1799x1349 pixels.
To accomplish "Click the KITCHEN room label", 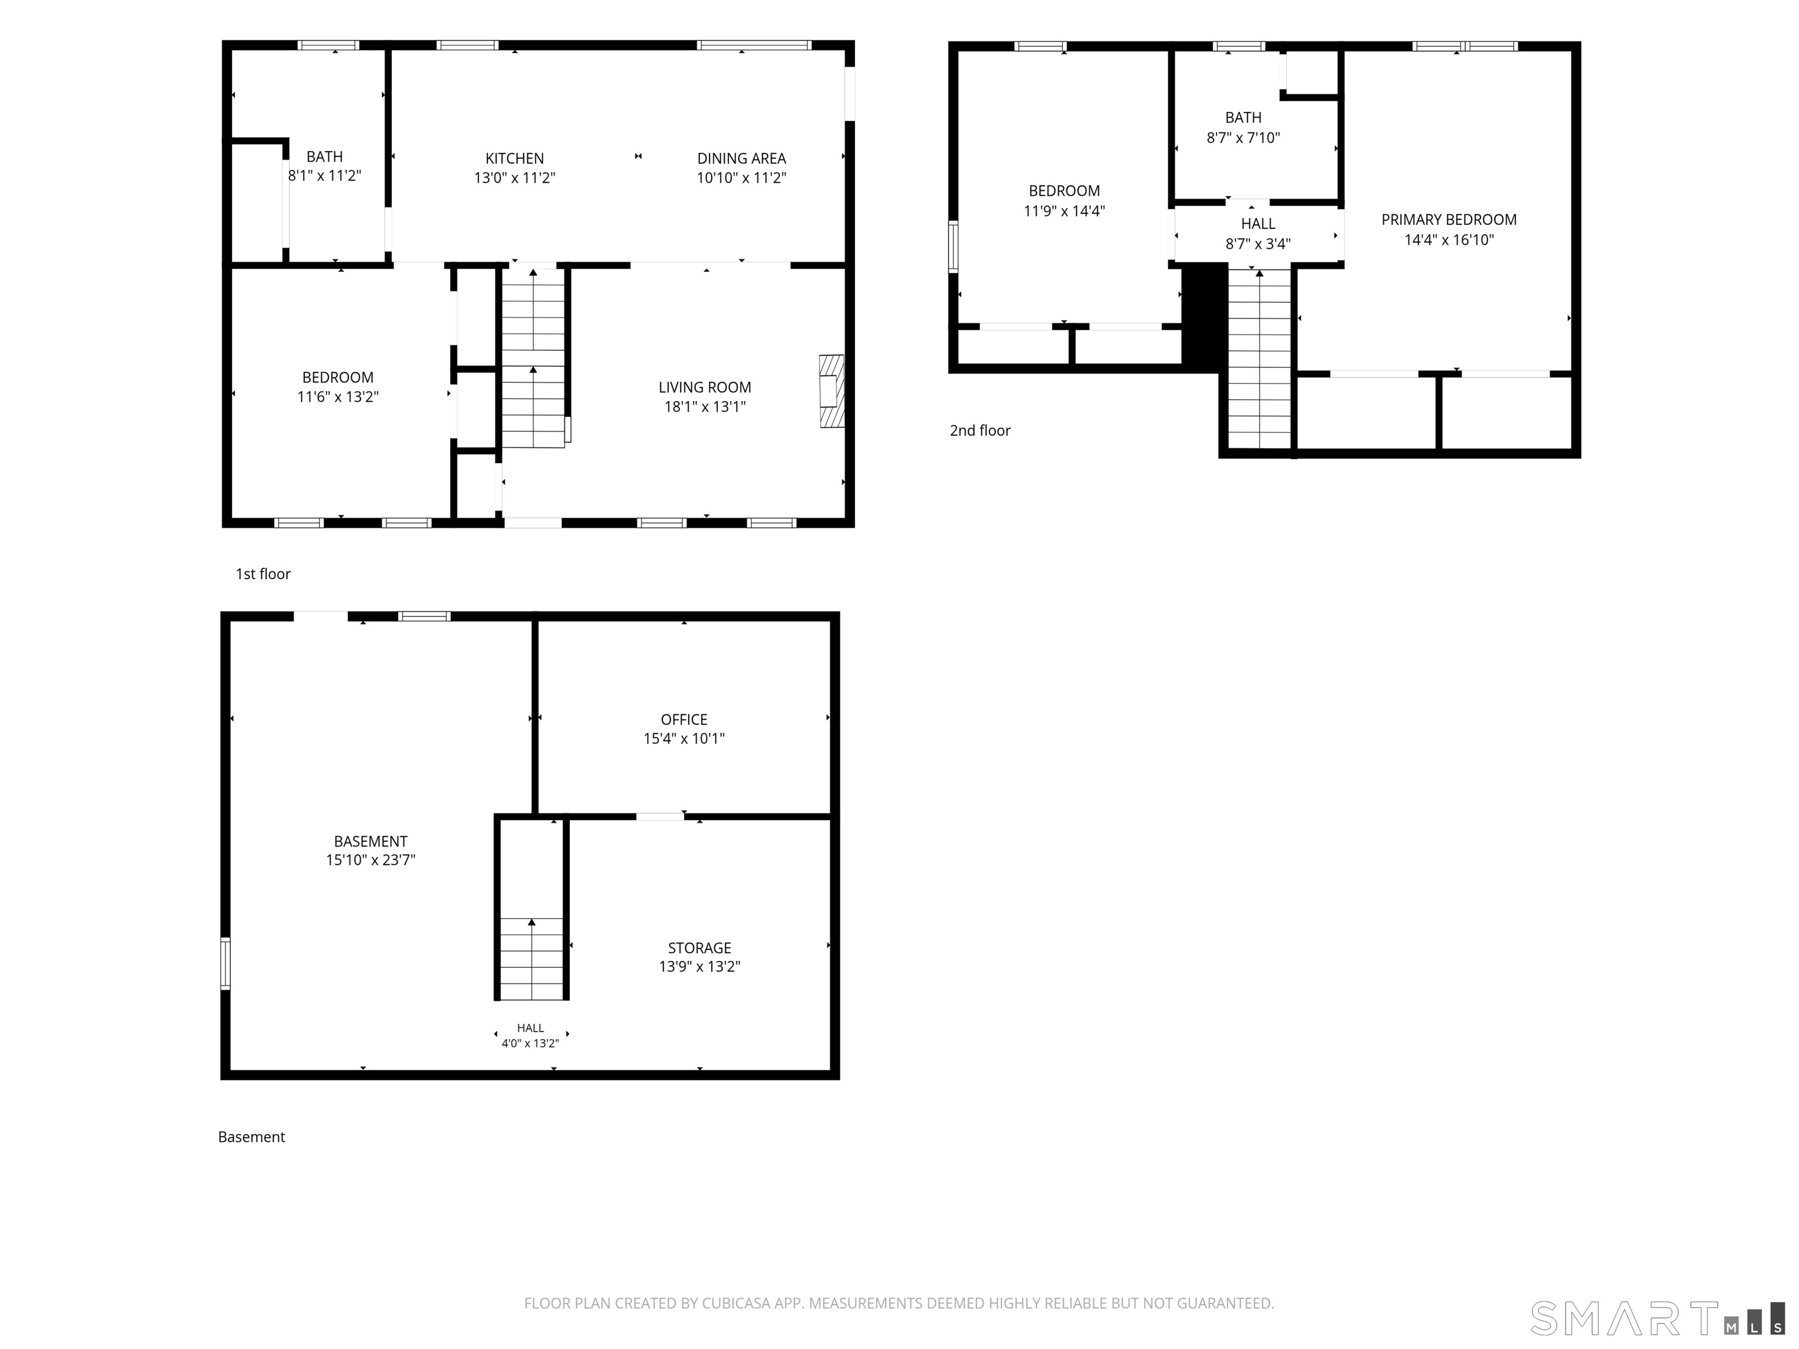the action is pyautogui.click(x=514, y=159).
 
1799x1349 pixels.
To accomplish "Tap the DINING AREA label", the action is pyautogui.click(x=741, y=159).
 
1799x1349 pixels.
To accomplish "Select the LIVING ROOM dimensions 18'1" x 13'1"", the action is pyautogui.click(x=704, y=406).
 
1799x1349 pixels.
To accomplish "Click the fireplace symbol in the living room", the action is pyautogui.click(x=831, y=391).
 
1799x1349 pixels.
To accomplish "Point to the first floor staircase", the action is pyautogui.click(x=533, y=358).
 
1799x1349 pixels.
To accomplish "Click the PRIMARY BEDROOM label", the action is pyautogui.click(x=1448, y=220).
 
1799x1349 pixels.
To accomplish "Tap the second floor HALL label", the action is pyautogui.click(x=1257, y=224).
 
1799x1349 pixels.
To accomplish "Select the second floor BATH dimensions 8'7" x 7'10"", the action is pyautogui.click(x=1243, y=138).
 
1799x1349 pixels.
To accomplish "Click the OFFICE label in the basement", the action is pyautogui.click(x=684, y=720).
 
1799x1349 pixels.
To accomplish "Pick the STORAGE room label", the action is pyautogui.click(x=699, y=948).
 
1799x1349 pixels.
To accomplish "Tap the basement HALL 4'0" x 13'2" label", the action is pyautogui.click(x=530, y=1036).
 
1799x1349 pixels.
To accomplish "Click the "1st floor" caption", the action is pyautogui.click(x=263, y=574).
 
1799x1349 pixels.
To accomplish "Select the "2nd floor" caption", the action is pyautogui.click(x=980, y=431).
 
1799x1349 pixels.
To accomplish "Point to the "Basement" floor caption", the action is pyautogui.click(x=251, y=1137).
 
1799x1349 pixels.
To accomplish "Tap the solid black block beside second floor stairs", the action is pyautogui.click(x=1203, y=318).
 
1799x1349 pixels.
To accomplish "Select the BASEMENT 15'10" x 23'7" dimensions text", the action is pyautogui.click(x=370, y=860).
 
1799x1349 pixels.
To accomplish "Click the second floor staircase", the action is pyautogui.click(x=1259, y=358).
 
